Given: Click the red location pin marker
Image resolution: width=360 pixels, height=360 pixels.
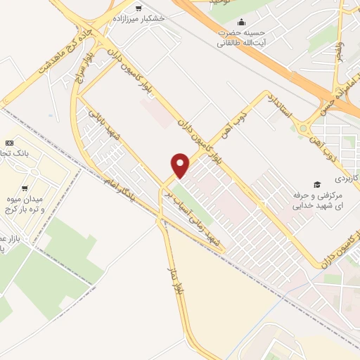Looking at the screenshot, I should pyautogui.click(x=181, y=165).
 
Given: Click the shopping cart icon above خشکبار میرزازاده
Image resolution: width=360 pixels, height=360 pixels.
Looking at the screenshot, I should pyautogui.click(x=138, y=8).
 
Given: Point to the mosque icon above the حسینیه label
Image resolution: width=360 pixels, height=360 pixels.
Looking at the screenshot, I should pyautogui.click(x=243, y=22).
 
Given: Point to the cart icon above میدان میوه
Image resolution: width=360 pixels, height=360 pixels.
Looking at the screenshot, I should pyautogui.click(x=25, y=189).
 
